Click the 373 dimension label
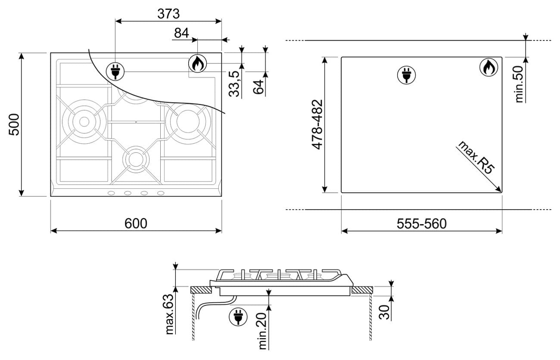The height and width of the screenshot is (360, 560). pyautogui.click(x=168, y=14)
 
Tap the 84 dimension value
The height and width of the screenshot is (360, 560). pyautogui.click(x=181, y=33)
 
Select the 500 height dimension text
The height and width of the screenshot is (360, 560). pyautogui.click(x=14, y=125)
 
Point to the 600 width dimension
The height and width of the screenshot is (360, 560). pyautogui.click(x=136, y=223)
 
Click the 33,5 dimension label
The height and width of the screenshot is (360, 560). pyautogui.click(x=234, y=84)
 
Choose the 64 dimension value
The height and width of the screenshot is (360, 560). pyautogui.click(x=258, y=87)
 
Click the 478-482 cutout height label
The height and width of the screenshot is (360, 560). pyautogui.click(x=317, y=125)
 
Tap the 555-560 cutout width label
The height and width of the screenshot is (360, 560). pyautogui.click(x=421, y=224)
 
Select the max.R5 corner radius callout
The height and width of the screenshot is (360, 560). pyautogui.click(x=475, y=157)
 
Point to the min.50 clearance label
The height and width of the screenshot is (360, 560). pyautogui.click(x=519, y=84)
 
